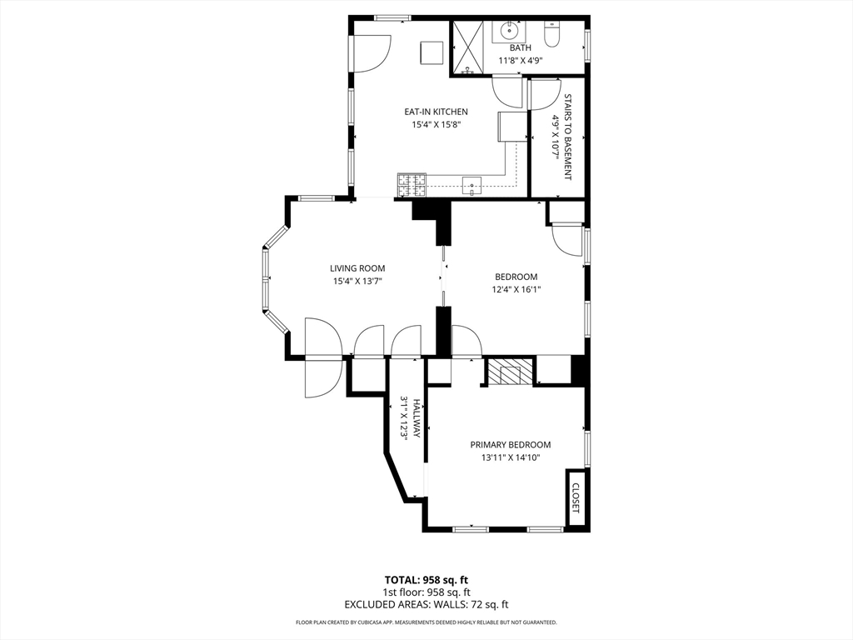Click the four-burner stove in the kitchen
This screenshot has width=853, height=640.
[x=412, y=184]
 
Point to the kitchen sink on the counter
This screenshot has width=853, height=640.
[x=472, y=185]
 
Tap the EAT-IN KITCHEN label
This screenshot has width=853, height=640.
[x=436, y=112]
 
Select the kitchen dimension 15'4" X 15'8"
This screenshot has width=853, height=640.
[x=436, y=124]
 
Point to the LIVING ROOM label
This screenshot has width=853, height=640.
[x=357, y=268]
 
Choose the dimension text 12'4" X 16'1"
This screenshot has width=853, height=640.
[x=516, y=290]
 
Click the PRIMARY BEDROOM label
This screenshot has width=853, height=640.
[x=510, y=445]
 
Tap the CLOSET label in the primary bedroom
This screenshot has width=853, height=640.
[x=576, y=498]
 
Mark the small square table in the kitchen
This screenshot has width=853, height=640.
[x=431, y=52]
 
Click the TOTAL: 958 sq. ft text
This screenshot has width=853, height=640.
[x=426, y=580]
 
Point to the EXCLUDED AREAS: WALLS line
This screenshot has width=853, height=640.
[x=426, y=604]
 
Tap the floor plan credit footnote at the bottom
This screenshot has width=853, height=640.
[x=426, y=622]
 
